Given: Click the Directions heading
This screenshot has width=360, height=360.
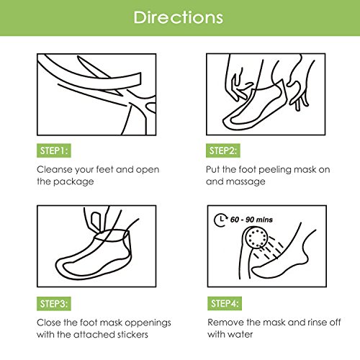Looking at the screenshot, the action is point(178,17).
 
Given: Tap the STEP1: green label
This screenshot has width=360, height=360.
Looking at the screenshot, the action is point(54,150).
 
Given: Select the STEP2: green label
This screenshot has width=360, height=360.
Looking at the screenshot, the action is point(223,150).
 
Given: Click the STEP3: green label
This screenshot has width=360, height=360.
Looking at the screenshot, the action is point(54,304).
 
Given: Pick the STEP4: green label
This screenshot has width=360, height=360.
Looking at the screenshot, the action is point(225,303).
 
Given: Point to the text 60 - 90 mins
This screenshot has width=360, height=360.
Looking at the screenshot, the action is point(251,220).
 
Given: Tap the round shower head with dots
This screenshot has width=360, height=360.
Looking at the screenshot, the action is point(257,238).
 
